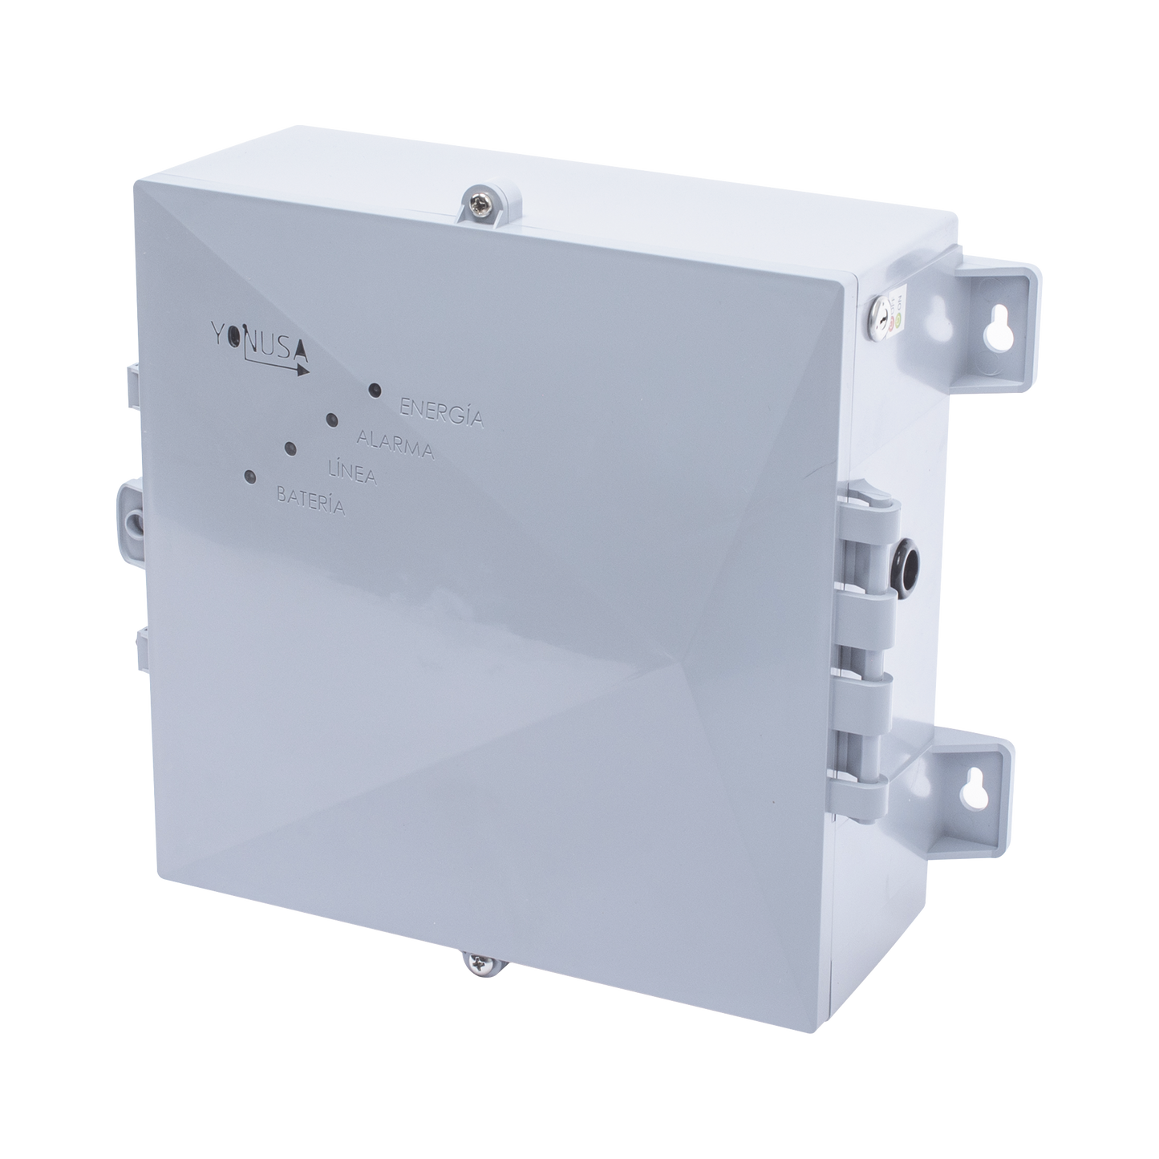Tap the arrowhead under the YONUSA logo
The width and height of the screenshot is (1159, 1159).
point(302,370)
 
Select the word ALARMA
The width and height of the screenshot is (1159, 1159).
point(395,445)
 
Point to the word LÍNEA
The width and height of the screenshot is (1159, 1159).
point(354,474)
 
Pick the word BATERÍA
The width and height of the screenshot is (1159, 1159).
point(310,500)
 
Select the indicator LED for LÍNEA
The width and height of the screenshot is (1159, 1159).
point(290,448)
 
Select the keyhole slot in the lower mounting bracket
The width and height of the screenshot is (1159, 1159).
point(995,789)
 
